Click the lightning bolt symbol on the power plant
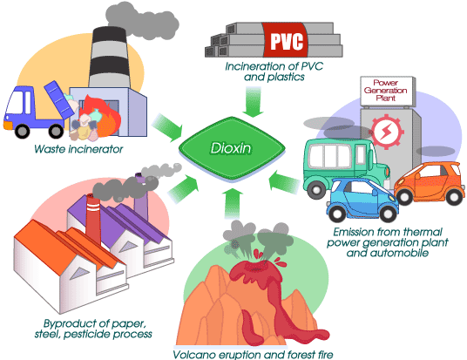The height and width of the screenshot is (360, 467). (384, 132)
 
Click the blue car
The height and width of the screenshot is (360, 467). (359, 198)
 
